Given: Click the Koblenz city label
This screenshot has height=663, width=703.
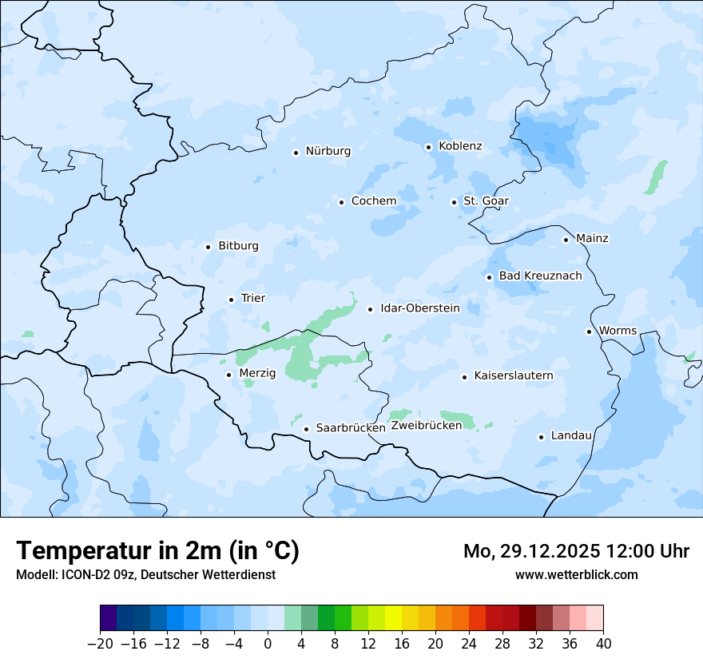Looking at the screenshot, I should click(x=460, y=146).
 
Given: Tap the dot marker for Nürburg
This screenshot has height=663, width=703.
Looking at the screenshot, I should click(x=296, y=152).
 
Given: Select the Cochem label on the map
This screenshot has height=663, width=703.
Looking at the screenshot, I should click(x=373, y=201).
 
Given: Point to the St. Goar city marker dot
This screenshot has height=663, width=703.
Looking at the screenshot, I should click(x=454, y=202).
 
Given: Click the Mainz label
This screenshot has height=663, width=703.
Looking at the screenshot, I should click(x=592, y=239).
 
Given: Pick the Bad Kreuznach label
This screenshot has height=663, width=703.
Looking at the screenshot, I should click(x=540, y=276).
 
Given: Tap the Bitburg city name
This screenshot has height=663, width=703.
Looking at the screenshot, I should click(x=238, y=246).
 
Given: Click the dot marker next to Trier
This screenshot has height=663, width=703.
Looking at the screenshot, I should click(x=231, y=300).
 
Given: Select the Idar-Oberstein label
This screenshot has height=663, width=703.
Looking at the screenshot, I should click(x=419, y=308).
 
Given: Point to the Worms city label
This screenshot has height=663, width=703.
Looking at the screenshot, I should click(x=618, y=331).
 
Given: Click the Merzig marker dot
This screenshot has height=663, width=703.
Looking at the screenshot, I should click(x=228, y=374).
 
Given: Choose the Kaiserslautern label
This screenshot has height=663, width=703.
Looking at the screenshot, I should click(x=513, y=375).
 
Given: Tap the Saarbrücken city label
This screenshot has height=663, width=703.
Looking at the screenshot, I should click(x=350, y=428).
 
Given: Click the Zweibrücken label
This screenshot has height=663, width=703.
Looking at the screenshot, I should click(x=426, y=426).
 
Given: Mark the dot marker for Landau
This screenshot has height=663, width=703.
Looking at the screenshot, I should click(x=541, y=437).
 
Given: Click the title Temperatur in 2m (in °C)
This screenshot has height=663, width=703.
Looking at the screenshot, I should click(x=157, y=551).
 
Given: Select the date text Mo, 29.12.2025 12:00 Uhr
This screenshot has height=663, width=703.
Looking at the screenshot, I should click(x=576, y=551).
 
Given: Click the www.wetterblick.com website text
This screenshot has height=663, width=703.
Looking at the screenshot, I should click(x=576, y=574).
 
